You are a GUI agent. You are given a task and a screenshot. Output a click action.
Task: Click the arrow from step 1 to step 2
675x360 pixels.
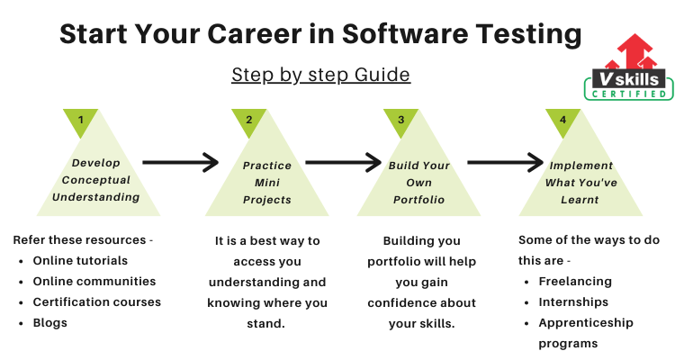pyautogui.click(x=181, y=162)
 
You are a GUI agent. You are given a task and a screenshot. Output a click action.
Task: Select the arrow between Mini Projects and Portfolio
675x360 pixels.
pyautogui.click(x=344, y=162)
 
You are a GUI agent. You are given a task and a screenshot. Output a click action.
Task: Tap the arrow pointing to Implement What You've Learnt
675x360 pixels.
pyautogui.click(x=506, y=162)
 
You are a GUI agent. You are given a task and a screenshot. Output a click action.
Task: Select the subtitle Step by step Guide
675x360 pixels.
pyautogui.click(x=320, y=75)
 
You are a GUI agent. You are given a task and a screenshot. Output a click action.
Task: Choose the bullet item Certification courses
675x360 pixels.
pyautogui.click(x=97, y=301)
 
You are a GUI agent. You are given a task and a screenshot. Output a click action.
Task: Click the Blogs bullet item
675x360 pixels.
pyautogui.click(x=49, y=323)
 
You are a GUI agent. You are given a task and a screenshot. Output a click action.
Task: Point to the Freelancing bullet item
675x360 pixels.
pyautogui.click(x=575, y=282)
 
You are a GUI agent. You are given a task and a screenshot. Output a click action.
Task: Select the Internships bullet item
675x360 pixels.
pyautogui.click(x=573, y=302)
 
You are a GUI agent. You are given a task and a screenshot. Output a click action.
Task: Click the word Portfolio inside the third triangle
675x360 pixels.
pyautogui.click(x=418, y=200)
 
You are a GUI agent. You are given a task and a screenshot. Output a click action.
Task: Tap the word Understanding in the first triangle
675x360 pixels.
pyautogui.click(x=96, y=197)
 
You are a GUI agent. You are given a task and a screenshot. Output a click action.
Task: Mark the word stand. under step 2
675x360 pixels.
pyautogui.click(x=266, y=323)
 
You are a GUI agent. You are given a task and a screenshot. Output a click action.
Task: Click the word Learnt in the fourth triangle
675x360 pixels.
pyautogui.click(x=580, y=200)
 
